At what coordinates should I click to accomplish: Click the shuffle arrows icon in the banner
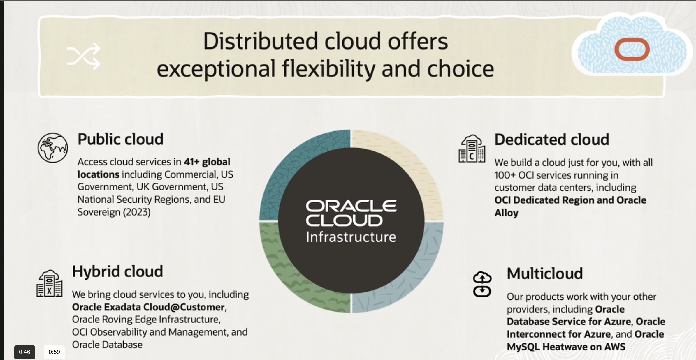click(x=84, y=56)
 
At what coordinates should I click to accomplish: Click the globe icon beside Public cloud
click(x=53, y=148)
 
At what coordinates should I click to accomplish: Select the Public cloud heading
click(x=120, y=139)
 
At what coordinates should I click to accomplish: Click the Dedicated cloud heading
click(x=552, y=139)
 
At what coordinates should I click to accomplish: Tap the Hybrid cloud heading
click(x=117, y=272)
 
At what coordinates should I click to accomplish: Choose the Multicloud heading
click(x=545, y=273)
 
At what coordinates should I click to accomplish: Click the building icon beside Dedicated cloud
click(x=472, y=149)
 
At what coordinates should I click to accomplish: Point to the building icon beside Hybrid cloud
click(x=50, y=283)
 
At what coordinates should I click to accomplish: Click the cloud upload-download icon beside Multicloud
click(x=482, y=284)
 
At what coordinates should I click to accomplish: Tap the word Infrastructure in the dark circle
click(x=351, y=237)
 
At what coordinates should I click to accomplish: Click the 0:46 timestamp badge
click(x=24, y=352)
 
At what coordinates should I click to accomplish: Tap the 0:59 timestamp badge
click(x=54, y=352)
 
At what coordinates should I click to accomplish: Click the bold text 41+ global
click(x=207, y=162)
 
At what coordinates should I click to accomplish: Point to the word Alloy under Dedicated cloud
click(x=506, y=213)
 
